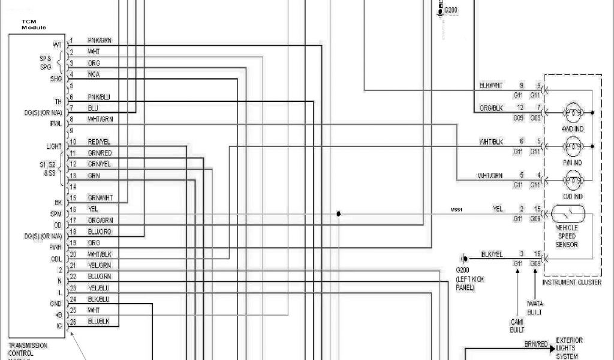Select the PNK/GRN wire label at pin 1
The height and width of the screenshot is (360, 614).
(100, 40)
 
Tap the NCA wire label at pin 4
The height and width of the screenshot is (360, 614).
(94, 74)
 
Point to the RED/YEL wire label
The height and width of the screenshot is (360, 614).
(100, 142)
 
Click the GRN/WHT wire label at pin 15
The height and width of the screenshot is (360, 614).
(100, 198)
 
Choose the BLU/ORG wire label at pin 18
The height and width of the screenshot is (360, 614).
(100, 232)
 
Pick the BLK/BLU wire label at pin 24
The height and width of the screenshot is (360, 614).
(98, 299)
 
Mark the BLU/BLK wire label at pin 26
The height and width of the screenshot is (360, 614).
(98, 322)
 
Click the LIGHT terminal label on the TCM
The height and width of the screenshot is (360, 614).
(54, 146)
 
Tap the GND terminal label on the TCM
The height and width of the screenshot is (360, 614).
(56, 304)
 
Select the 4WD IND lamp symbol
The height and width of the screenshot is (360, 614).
(573, 113)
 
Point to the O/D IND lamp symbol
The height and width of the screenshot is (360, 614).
(573, 180)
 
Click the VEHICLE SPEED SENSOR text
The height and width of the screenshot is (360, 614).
(567, 236)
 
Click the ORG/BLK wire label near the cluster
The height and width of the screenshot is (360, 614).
(491, 108)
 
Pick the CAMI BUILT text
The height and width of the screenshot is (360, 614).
(517, 326)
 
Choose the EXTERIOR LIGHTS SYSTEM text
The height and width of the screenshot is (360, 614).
(569, 348)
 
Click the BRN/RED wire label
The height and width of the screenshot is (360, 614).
(535, 344)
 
